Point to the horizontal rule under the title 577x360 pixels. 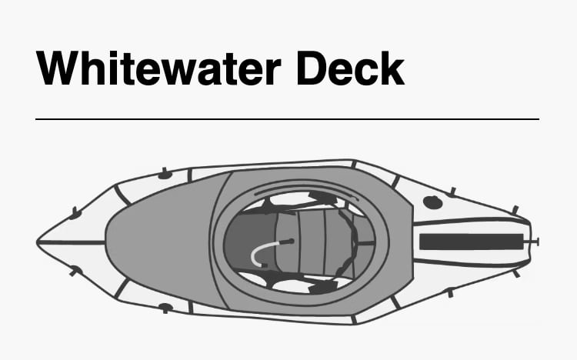pyautogui.click(x=287, y=119)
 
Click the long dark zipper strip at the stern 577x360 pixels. pyautogui.click(x=472, y=241)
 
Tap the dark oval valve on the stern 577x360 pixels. pyautogui.click(x=433, y=203)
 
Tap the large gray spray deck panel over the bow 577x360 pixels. pyautogui.click(x=158, y=240)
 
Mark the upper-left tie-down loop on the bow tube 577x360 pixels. pyautogui.click(x=75, y=213)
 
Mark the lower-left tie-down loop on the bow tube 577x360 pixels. pyautogui.click(x=75, y=270)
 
